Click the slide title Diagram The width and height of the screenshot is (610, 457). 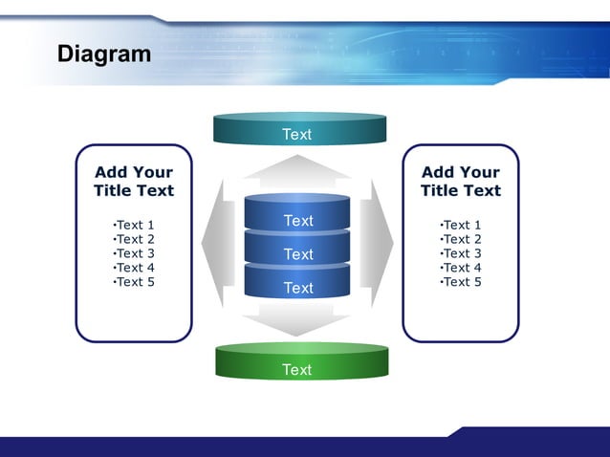click(104, 54)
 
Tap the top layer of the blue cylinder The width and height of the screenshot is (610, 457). click(297, 220)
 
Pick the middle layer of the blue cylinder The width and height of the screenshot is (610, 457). click(297, 253)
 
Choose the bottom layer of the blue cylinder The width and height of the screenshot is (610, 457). click(297, 287)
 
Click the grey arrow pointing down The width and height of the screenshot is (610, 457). click(297, 320)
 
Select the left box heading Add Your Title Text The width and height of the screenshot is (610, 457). click(134, 181)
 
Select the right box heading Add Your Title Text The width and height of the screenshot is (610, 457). click(461, 181)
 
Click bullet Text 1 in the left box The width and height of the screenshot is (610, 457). click(134, 225)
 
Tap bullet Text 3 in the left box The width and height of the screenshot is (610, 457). click(134, 253)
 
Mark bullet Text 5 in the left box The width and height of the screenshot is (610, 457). click(134, 282)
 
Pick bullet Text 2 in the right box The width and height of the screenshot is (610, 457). click(461, 239)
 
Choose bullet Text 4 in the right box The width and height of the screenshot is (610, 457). click(461, 268)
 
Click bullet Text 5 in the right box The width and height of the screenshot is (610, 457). click(461, 282)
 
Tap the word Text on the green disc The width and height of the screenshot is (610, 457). click(297, 369)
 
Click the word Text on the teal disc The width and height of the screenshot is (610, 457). click(297, 134)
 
